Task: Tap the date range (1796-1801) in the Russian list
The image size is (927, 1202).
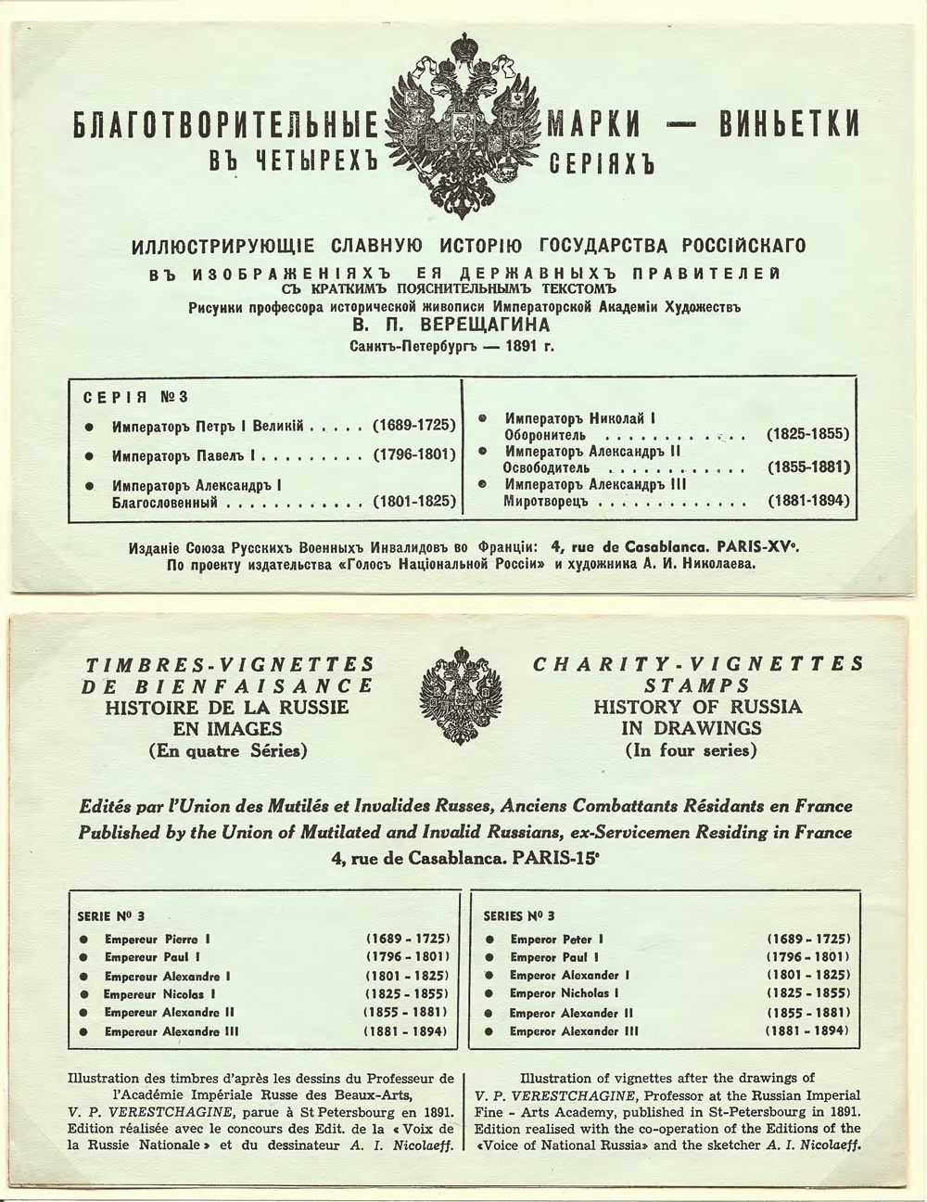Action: click(413, 455)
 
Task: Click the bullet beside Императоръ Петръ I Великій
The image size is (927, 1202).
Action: click(89, 427)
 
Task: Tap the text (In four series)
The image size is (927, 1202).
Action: click(691, 750)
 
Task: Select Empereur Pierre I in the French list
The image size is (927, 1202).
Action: click(158, 939)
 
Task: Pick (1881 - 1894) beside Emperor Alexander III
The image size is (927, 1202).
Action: click(806, 1031)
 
